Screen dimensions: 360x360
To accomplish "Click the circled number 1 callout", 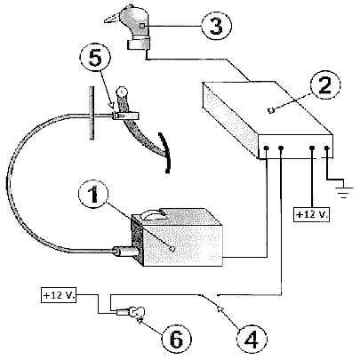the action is point(93,194).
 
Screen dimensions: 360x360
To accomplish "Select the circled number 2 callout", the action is point(325,84).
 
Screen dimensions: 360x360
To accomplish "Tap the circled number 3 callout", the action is point(216,26).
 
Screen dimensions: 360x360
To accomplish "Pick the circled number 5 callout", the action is point(95,58).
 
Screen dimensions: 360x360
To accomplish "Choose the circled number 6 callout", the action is point(177,340).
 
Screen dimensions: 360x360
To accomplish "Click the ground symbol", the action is point(344,191).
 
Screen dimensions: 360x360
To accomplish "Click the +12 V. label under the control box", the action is point(312,214).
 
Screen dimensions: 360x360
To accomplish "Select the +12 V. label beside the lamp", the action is point(59,295).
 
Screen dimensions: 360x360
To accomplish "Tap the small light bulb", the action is point(138,312).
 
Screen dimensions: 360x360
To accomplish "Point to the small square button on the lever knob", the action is point(142,26).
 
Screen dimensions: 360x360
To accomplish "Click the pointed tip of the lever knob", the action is point(105,20).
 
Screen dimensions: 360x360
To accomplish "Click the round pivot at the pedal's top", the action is point(122,91).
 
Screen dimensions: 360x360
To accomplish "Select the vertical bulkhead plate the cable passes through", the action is point(92,113).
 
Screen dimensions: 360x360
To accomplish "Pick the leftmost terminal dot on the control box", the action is point(267,148).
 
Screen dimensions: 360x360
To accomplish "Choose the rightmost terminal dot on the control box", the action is point(327,148).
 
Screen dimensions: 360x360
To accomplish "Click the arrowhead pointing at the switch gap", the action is point(220,309).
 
